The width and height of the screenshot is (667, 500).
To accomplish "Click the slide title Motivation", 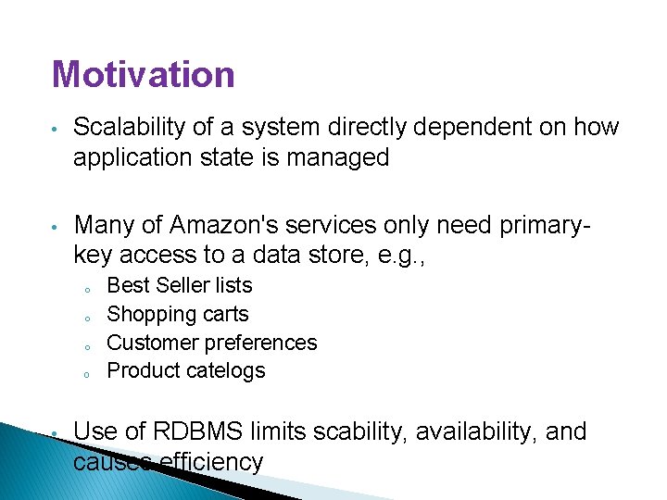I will (144, 74).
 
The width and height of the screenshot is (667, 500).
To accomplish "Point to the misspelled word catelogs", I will (226, 370).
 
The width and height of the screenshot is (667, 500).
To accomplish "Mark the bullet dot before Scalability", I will (56, 128).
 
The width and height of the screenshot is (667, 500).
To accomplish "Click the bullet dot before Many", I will (56, 226).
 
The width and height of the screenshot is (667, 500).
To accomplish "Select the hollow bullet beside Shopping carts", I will (84, 316).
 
